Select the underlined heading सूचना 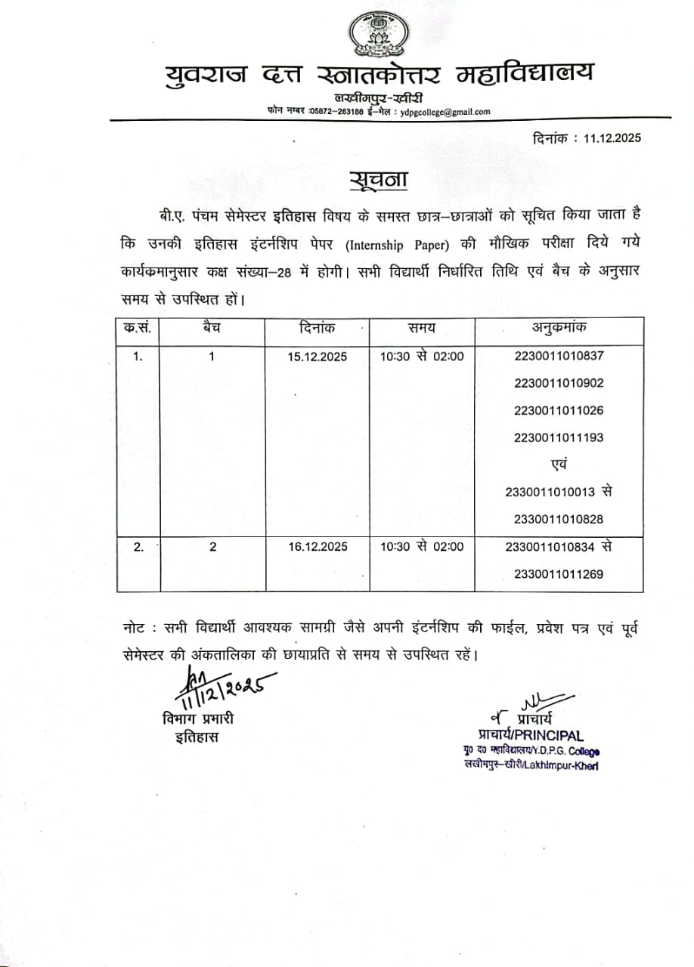[x=379, y=181]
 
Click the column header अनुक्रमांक [x=559, y=328]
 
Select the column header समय [x=421, y=328]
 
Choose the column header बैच [x=212, y=328]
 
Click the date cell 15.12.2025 [x=317, y=357]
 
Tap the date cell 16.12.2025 [x=317, y=547]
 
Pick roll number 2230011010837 [x=559, y=356]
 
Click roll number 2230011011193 [x=559, y=437]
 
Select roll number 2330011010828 [x=559, y=519]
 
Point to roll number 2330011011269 [x=559, y=574]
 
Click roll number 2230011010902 [x=559, y=383]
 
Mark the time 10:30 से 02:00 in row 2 [x=421, y=547]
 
